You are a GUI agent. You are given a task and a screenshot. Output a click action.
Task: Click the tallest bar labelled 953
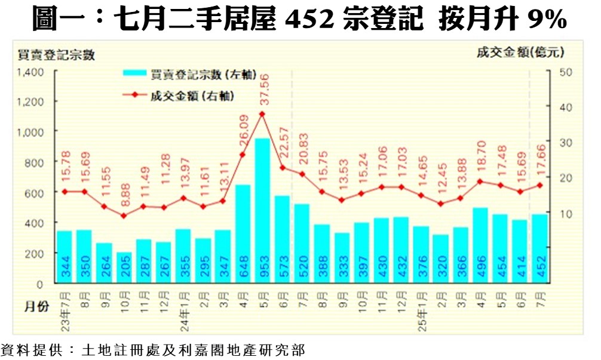click(x=262, y=210)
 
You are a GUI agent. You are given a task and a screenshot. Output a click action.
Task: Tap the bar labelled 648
click(x=243, y=233)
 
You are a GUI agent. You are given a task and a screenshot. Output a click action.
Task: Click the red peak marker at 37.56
click(x=262, y=113)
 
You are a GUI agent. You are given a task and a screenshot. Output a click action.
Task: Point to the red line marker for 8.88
click(x=124, y=215)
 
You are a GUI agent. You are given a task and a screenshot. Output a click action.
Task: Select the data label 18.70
click(x=480, y=157)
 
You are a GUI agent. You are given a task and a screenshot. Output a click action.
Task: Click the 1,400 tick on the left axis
click(x=30, y=72)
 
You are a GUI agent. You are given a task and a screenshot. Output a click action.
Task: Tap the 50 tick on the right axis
click(x=566, y=72)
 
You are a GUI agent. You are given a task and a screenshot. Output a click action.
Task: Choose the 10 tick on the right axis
click(x=566, y=213)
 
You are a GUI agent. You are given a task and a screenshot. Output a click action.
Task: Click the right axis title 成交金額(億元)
click(x=520, y=53)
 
